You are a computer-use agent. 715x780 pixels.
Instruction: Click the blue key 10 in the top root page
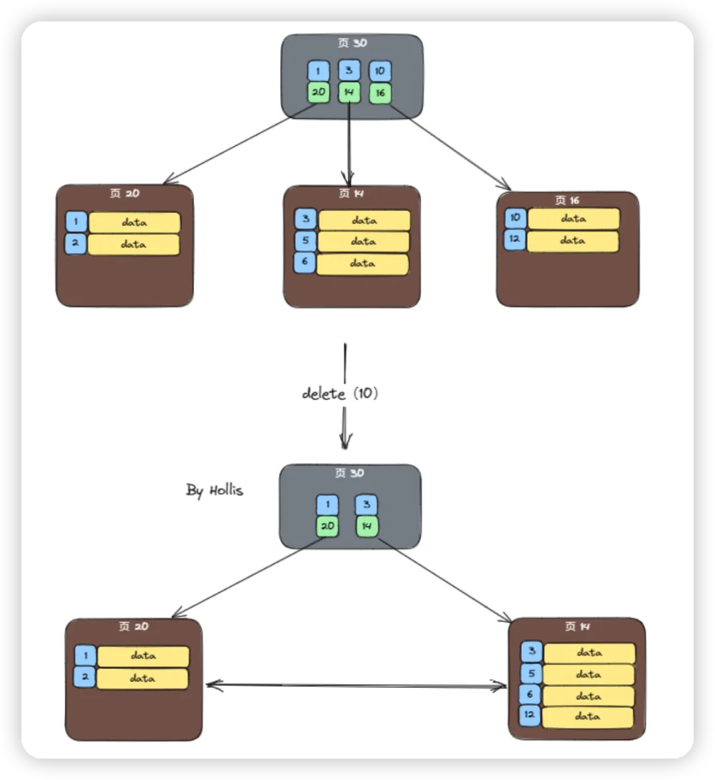tap(379, 71)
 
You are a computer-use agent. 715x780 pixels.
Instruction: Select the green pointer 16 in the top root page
tap(380, 93)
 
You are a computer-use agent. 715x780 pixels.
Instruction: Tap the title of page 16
tap(567, 200)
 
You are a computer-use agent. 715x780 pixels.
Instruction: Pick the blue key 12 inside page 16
tap(515, 239)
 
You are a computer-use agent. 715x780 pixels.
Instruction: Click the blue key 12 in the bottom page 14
tap(530, 715)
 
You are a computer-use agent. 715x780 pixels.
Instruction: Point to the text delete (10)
tap(340, 394)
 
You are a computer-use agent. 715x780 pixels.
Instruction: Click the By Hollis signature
tap(215, 490)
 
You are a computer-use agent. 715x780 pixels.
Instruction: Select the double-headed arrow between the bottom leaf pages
tap(356, 685)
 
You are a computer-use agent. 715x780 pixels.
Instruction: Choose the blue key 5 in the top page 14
tap(306, 241)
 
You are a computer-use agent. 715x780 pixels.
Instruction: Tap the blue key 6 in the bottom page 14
tap(530, 695)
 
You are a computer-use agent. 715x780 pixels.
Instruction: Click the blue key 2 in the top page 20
tap(75, 243)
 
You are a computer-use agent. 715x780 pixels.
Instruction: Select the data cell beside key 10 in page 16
tap(573, 218)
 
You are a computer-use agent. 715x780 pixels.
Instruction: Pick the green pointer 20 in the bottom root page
tap(327, 527)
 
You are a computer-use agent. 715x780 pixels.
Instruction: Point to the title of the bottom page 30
tap(350, 473)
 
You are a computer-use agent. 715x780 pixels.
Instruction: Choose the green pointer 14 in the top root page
tap(349, 93)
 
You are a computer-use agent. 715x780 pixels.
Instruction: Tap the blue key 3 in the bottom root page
tap(366, 505)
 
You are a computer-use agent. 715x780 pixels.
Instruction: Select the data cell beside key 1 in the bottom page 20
tap(143, 656)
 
